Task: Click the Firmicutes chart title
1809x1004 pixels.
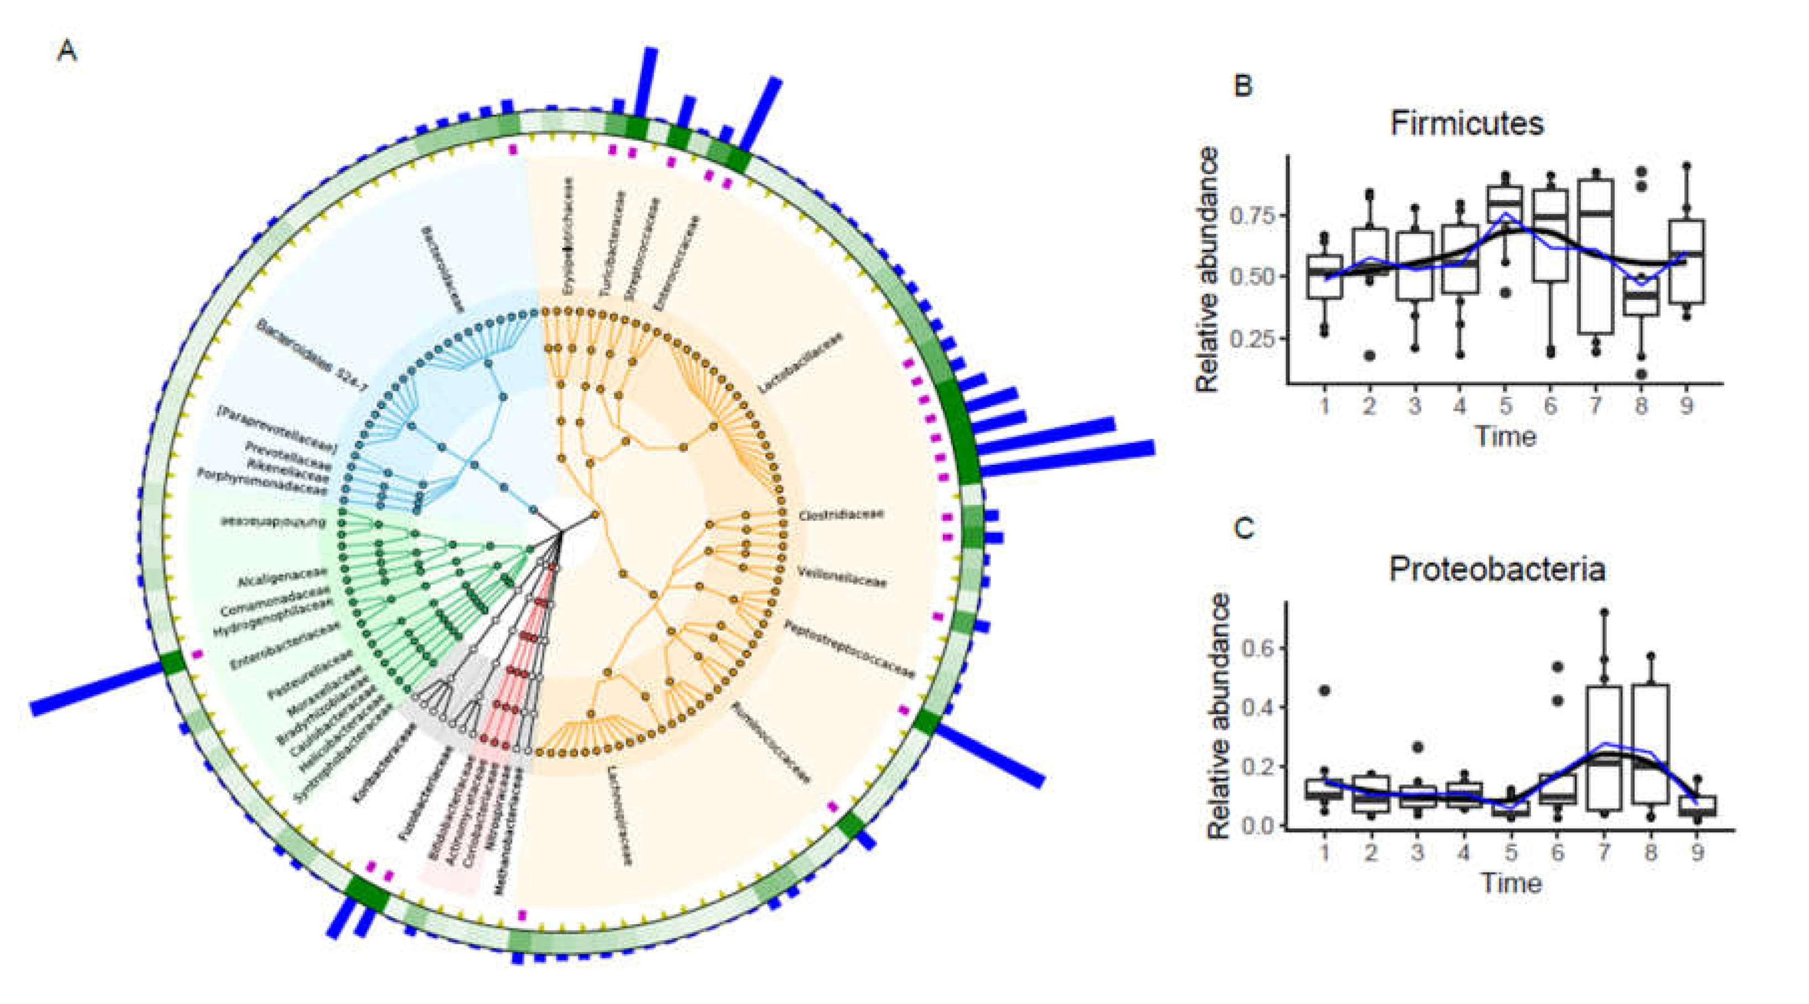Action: (x=1467, y=124)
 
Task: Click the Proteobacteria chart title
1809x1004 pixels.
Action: (x=1497, y=569)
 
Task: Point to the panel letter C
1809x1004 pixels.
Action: (x=1244, y=529)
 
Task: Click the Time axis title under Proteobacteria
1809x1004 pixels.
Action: (x=1511, y=883)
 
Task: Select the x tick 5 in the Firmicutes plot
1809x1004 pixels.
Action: (x=1505, y=406)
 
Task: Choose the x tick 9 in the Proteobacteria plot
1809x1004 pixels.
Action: (x=1697, y=852)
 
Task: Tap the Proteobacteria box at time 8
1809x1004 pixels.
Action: (x=1650, y=744)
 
